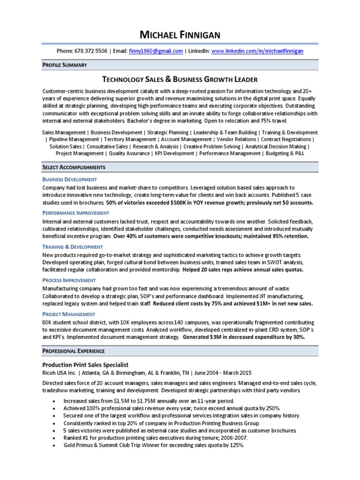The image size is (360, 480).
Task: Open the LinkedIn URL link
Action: (x=257, y=52)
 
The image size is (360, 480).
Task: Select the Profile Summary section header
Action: (x=64, y=64)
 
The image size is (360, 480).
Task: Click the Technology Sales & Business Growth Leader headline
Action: (x=180, y=79)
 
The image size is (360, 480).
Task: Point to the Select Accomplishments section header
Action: (x=74, y=167)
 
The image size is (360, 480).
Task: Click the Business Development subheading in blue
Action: (x=69, y=180)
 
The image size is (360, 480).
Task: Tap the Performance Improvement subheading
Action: (x=76, y=213)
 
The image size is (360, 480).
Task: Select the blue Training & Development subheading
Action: (x=72, y=247)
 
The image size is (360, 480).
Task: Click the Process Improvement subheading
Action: (x=69, y=280)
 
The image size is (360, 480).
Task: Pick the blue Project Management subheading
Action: (x=68, y=314)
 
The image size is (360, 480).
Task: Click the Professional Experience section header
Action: (x=74, y=351)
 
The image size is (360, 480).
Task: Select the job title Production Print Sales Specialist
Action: (x=85, y=365)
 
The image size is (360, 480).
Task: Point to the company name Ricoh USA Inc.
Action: (x=59, y=373)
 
